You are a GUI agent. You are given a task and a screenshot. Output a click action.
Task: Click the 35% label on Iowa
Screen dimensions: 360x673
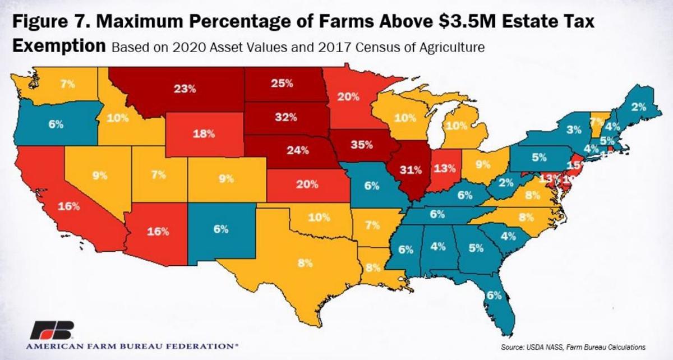(362, 145)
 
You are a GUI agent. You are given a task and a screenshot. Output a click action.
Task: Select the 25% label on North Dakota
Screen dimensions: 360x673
(282, 84)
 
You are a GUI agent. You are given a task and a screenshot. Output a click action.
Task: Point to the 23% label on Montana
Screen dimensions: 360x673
(185, 88)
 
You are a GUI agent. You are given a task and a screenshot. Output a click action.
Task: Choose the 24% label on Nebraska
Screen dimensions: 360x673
(297, 150)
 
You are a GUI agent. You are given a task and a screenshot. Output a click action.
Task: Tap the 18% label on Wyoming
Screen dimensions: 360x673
(205, 134)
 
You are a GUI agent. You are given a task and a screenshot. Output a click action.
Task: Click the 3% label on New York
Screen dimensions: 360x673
(573, 130)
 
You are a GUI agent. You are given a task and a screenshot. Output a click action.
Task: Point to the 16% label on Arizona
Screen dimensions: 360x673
(158, 231)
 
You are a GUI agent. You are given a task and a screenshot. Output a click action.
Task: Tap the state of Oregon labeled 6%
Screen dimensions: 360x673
(56, 124)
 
